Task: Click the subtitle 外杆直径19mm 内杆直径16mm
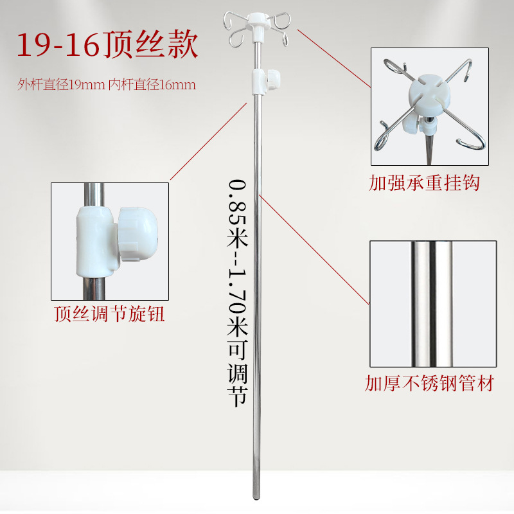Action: click(106, 84)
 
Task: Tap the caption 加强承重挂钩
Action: click(424, 183)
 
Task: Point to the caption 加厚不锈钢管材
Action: click(429, 384)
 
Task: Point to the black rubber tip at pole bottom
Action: click(256, 495)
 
